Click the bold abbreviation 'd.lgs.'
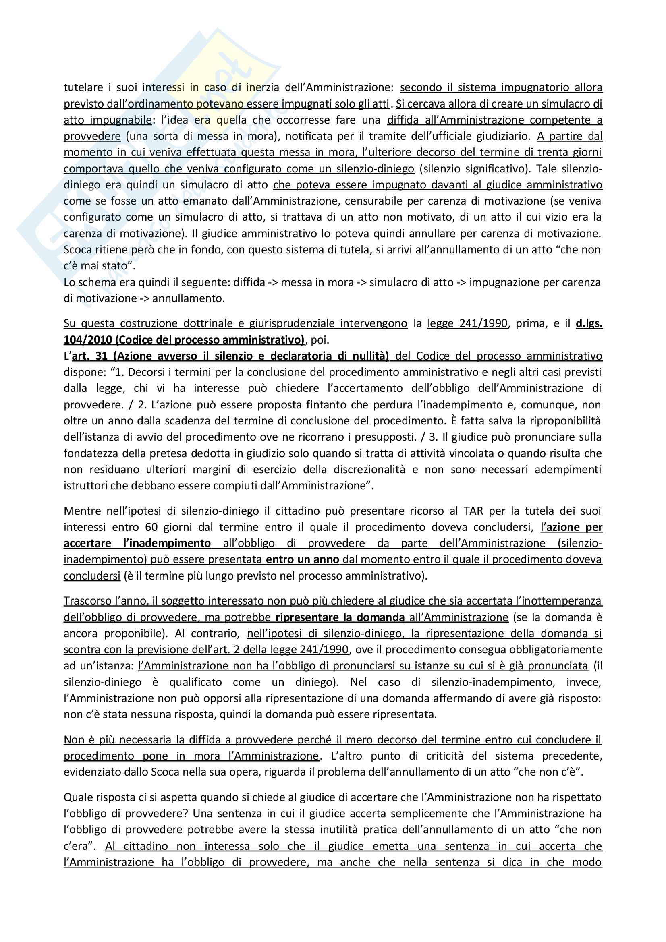tap(589, 324)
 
